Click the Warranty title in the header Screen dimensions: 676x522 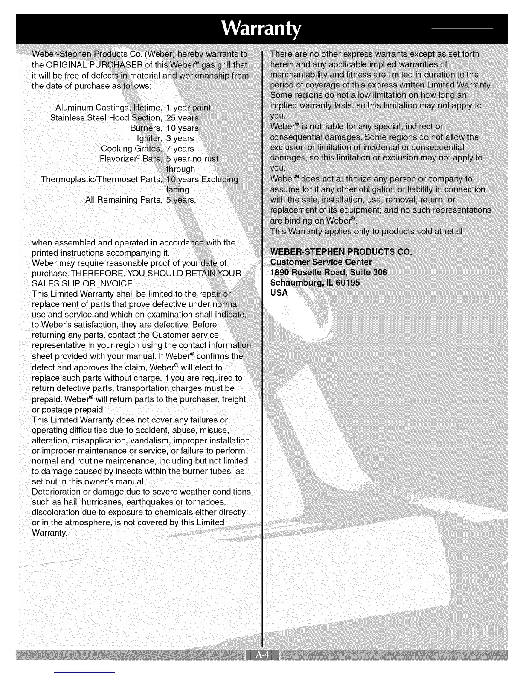pos(261,29)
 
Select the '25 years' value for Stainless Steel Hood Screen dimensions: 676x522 pos(183,118)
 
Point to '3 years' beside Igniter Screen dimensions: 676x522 pos(180,138)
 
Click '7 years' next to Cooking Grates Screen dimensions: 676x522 pos(180,149)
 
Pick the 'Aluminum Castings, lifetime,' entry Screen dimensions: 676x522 pos(109,107)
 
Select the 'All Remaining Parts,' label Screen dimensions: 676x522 pos(124,200)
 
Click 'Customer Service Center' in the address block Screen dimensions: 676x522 pos(321,262)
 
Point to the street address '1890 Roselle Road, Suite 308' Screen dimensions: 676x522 pos(329,272)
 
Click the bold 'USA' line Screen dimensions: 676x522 pos(279,293)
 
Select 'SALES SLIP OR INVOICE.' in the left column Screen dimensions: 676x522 pos(83,283)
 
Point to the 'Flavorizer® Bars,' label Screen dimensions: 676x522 pos(130,159)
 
